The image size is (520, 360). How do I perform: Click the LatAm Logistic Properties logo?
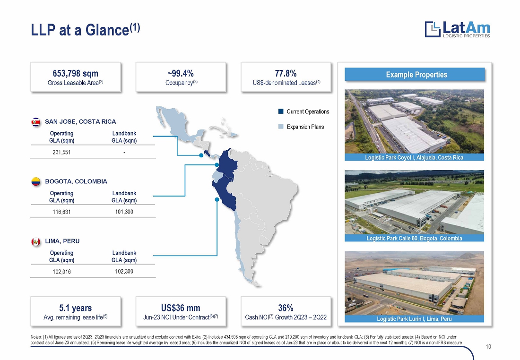(x=457, y=29)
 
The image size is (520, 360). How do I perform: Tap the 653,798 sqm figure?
(x=75, y=73)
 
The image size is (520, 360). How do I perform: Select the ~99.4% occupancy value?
(x=181, y=73)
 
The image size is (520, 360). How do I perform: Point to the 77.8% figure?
(x=286, y=73)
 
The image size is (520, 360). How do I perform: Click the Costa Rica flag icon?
(x=36, y=122)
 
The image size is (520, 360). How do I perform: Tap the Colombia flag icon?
(x=36, y=182)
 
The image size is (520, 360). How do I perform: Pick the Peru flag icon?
(x=36, y=242)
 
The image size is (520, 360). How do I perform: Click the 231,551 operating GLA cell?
(x=61, y=152)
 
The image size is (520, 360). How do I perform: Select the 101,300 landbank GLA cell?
(x=124, y=212)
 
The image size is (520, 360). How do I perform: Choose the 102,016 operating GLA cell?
(x=61, y=272)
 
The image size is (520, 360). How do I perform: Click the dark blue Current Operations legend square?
(x=281, y=111)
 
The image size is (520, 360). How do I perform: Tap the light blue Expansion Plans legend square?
(x=281, y=127)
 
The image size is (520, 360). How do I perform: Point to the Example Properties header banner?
(x=415, y=75)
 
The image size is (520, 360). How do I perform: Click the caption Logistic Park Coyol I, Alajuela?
(x=414, y=157)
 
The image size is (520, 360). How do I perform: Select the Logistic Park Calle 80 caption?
(x=414, y=238)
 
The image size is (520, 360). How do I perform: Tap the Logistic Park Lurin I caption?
(x=414, y=319)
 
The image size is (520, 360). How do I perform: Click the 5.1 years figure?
(x=75, y=308)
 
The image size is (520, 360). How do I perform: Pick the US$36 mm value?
(x=181, y=308)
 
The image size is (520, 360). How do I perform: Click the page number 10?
(x=488, y=347)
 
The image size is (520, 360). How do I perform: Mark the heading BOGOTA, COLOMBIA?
(x=76, y=181)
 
